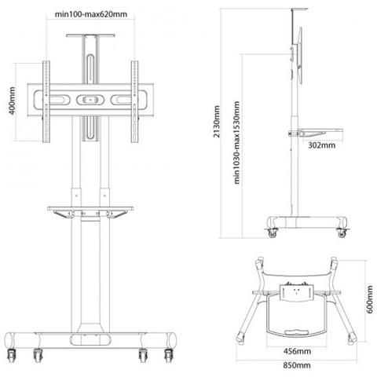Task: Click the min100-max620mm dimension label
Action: (x=91, y=14)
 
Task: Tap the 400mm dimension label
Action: (x=13, y=101)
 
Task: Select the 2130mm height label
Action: (x=217, y=122)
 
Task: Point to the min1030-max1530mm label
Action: (x=236, y=143)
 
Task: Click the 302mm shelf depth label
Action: (x=321, y=145)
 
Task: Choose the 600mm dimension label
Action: (x=369, y=299)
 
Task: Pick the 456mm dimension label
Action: (x=297, y=351)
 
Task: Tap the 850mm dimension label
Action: (x=297, y=365)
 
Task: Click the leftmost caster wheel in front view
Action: (x=12, y=356)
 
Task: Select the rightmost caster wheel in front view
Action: (x=169, y=356)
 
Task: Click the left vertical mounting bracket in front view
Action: (x=46, y=102)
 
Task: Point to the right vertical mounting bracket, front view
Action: (x=135, y=102)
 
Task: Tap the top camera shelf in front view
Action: (x=90, y=35)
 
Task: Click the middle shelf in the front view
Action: (x=90, y=209)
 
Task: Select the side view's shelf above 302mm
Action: (x=316, y=132)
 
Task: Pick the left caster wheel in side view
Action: (x=273, y=232)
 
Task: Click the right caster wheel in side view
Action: (x=342, y=232)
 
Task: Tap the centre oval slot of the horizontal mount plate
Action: (x=90, y=100)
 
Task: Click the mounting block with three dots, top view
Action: (x=296, y=293)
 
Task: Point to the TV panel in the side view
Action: (x=300, y=56)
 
